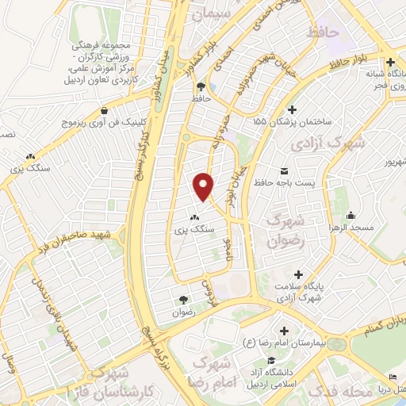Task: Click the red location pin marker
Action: tap(205, 186)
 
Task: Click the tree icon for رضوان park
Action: tap(183, 299)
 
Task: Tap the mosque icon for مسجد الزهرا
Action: tap(351, 215)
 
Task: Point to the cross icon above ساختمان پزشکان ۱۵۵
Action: tap(293, 109)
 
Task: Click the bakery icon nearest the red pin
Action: tap(194, 216)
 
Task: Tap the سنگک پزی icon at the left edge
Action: tap(30, 156)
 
